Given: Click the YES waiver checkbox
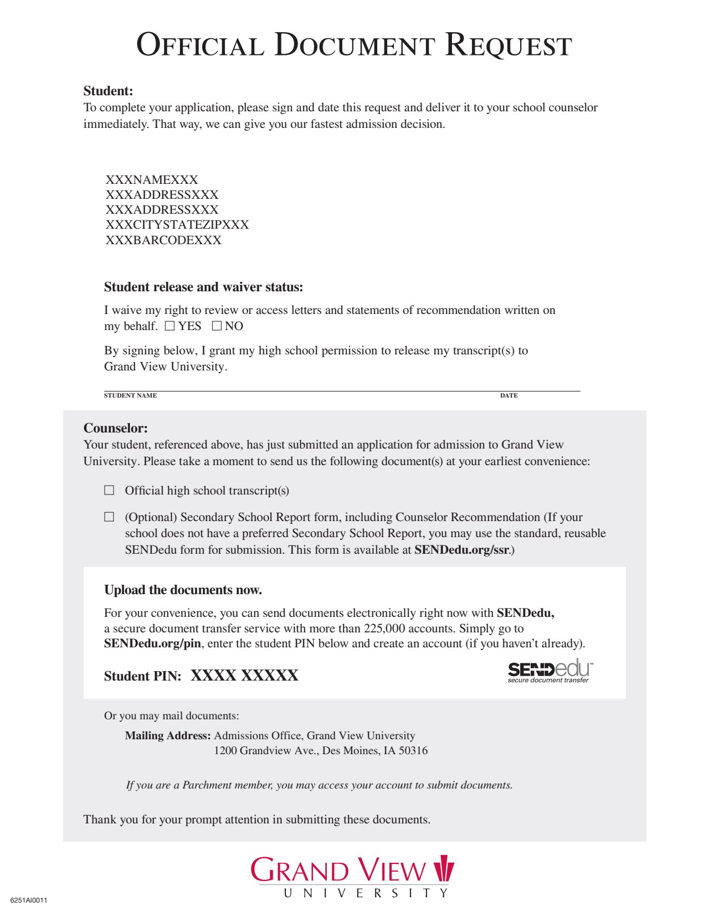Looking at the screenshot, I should coord(169,326).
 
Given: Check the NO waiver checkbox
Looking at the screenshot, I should coord(217,326).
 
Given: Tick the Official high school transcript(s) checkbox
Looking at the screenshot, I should coord(109,490).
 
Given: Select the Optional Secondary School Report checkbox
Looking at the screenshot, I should coord(109,517).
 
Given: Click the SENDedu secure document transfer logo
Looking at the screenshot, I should coord(549,671).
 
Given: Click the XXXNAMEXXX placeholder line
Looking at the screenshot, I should coord(152,179).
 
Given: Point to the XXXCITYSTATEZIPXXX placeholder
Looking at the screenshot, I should coord(177,224).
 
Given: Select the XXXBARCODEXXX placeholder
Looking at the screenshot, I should coord(163,240).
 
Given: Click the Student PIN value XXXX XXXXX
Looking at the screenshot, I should coord(244,676).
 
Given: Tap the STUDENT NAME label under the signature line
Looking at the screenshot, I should coord(130,395).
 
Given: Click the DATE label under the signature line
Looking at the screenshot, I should coord(508,395).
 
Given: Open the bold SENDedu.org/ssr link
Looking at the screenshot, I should coord(461,550).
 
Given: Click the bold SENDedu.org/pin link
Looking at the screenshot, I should coord(152,643).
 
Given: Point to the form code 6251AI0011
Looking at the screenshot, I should coord(29,900).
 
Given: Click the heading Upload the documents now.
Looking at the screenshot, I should coord(183,590).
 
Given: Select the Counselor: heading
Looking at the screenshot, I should coord(115,428).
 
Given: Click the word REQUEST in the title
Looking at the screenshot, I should coord(508,45).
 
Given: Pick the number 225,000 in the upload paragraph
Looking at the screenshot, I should coord(384,628).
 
